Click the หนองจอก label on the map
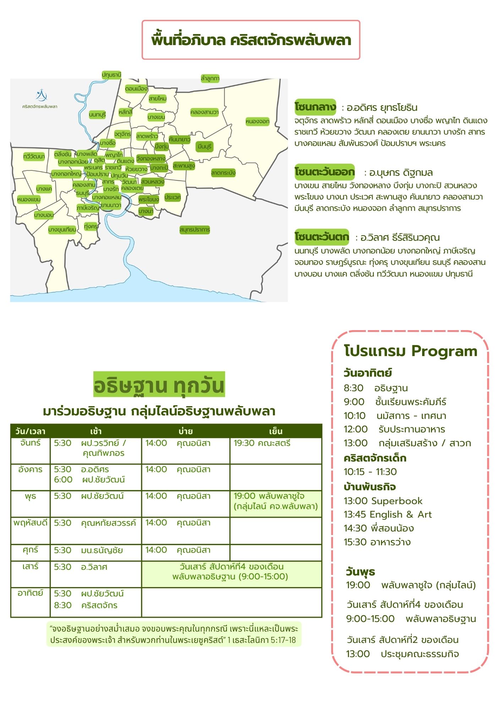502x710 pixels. point(257,121)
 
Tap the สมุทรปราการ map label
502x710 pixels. point(195,230)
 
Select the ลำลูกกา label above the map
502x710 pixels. point(210,78)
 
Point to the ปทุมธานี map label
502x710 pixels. point(111,75)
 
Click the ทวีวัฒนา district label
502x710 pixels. point(34,157)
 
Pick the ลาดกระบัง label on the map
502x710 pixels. point(223,173)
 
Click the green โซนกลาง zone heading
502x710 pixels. point(315,107)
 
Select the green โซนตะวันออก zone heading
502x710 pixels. point(324,172)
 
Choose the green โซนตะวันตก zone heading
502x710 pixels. point(322,237)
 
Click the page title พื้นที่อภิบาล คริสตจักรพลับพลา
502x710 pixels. point(251,40)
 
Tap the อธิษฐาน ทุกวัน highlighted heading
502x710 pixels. point(159,385)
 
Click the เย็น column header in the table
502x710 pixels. point(275,431)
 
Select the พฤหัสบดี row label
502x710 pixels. point(31,523)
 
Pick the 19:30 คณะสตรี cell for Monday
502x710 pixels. point(262,443)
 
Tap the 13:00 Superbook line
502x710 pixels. point(383,501)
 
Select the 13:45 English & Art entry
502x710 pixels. point(387,515)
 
